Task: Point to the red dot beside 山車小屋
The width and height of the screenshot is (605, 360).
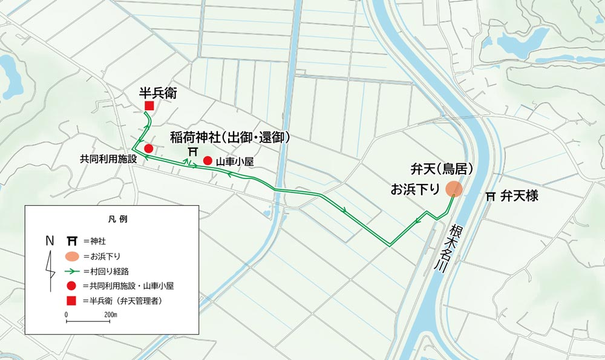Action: coord(208,160)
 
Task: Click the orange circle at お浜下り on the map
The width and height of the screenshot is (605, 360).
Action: coord(454,189)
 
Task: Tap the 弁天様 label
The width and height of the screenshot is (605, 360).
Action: coord(519,197)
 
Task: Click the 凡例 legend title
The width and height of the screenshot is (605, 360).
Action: coord(112,218)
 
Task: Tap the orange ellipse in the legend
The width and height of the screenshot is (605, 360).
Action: coord(71,256)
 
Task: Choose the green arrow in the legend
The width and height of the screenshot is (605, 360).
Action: coord(71,270)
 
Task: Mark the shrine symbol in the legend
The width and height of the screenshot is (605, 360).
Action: coord(71,241)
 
